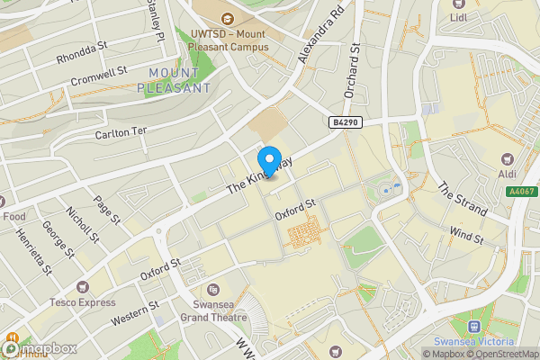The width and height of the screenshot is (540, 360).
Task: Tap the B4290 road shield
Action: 346,122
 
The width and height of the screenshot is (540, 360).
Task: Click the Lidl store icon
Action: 459,4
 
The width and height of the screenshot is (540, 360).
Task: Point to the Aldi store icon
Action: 504,154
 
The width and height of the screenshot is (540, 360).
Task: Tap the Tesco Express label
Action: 83,301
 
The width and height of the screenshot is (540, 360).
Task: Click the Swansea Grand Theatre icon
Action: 213,290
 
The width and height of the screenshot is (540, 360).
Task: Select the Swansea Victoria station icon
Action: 474,327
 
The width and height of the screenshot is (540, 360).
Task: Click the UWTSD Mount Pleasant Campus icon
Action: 226,18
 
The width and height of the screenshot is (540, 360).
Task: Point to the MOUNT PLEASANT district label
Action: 175,80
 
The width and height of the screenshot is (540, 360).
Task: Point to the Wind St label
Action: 466,237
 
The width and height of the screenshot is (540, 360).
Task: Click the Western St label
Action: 134,314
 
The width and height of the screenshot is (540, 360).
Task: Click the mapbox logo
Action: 40,347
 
